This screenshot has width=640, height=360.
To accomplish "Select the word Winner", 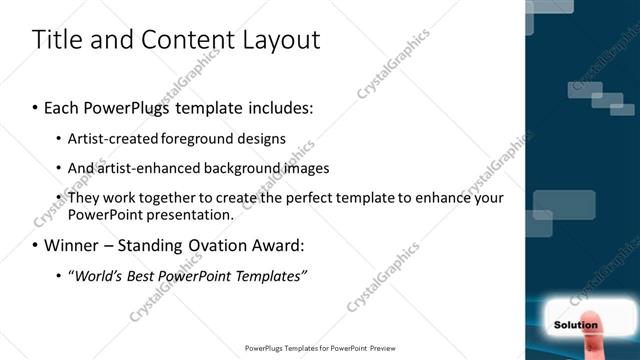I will click(71, 245).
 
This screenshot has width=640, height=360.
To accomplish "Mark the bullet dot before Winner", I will click(36, 246).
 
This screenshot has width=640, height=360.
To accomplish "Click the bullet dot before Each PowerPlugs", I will click(36, 106).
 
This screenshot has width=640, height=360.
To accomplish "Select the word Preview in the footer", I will click(386, 348).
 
